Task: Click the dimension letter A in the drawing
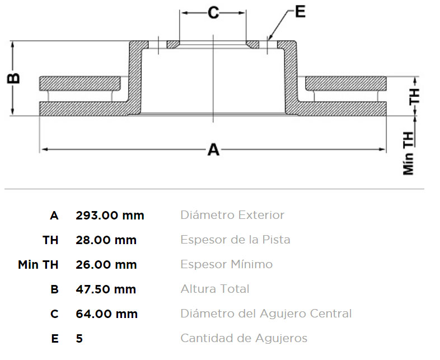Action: coord(213,149)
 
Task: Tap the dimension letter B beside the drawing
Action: coord(13,78)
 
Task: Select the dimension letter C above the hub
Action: coord(213,13)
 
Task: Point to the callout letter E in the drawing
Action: coord(300,12)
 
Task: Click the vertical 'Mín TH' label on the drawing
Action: coord(409,153)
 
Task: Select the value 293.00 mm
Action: coord(110,216)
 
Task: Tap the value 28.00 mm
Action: coord(106,240)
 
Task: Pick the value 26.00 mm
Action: coord(106,265)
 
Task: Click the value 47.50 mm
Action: coord(106,289)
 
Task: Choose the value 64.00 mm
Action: coord(106,314)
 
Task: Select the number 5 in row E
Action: coord(79,338)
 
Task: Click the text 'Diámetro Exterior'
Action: coord(232,215)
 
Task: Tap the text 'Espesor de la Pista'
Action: coord(236,240)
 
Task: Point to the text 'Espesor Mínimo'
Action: coord(227,264)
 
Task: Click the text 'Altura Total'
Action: coord(215,289)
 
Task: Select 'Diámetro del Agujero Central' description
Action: coord(266,314)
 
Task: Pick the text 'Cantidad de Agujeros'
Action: coord(244,338)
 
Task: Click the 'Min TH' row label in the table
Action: coord(38,265)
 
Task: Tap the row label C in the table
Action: coord(54,314)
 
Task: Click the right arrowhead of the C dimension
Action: coord(242,13)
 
